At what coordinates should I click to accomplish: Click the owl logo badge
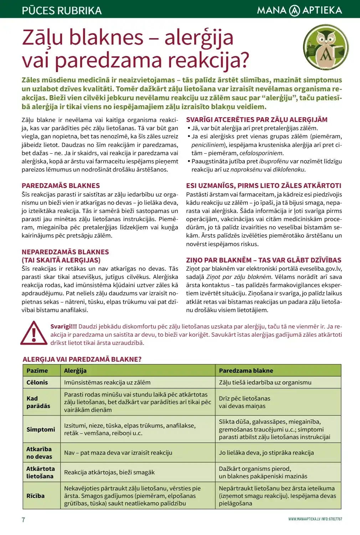325,47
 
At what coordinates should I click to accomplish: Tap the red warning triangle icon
34,333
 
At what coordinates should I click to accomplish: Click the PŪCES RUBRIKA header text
62,10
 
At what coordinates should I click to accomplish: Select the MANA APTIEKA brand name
299,10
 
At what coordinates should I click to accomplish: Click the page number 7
24,520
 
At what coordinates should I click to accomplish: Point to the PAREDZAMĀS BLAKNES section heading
61,185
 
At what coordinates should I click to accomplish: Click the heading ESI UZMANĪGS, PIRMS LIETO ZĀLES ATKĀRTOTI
263,185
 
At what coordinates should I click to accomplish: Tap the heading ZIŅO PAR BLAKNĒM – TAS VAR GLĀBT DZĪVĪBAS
263,260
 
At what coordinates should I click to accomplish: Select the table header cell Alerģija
75,371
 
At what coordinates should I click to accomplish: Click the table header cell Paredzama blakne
246,371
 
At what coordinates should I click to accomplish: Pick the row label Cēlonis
37,382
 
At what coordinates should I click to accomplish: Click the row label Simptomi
41,429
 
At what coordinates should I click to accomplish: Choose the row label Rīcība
35,496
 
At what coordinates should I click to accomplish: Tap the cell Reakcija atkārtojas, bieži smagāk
109,472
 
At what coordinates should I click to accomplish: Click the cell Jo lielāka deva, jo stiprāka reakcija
266,453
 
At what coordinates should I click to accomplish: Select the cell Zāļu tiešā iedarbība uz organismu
265,382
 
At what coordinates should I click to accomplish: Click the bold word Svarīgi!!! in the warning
63,326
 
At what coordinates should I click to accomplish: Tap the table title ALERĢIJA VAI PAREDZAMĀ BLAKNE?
82,359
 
